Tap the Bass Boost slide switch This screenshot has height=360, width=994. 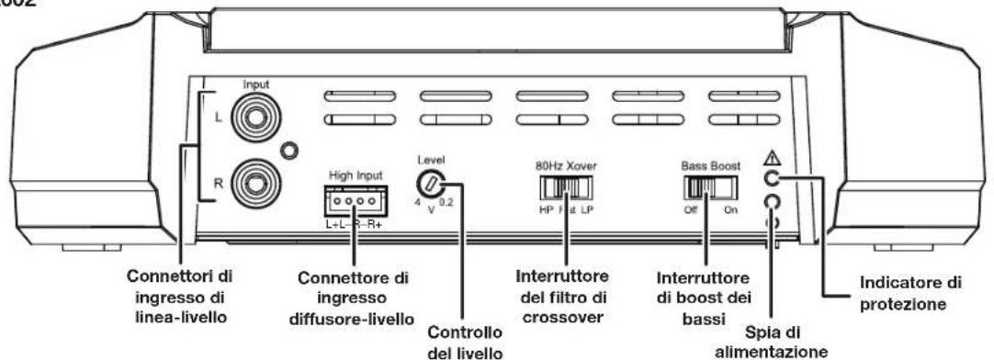click(711, 188)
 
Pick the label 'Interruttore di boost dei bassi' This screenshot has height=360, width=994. click(706, 295)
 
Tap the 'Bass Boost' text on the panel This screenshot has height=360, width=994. click(710, 168)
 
